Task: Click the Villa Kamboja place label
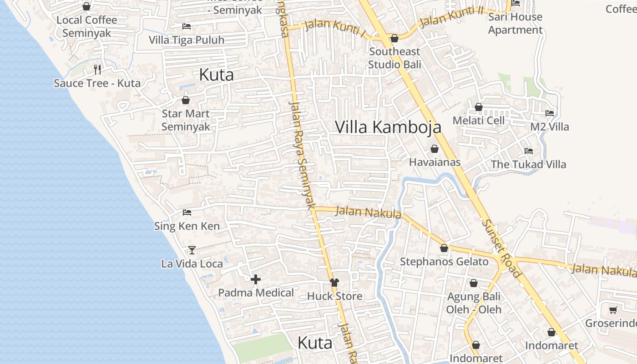click(x=388, y=127)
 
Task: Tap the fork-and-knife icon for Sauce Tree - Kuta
click(x=97, y=69)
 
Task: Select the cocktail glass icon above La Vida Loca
click(x=192, y=250)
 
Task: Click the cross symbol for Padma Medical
click(x=256, y=279)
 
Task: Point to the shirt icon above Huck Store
click(x=334, y=283)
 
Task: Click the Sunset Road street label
click(x=501, y=248)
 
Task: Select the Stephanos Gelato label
click(x=444, y=262)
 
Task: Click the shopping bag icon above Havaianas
click(x=435, y=149)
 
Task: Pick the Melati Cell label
click(x=478, y=121)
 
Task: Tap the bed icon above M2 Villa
click(x=550, y=113)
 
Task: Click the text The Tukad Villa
click(x=528, y=164)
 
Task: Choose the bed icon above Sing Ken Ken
click(x=187, y=212)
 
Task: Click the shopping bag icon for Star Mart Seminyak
click(x=186, y=100)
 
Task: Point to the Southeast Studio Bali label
click(x=394, y=58)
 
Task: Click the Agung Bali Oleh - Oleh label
click(x=473, y=303)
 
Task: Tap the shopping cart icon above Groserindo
click(x=613, y=310)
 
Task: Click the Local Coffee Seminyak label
click(x=86, y=26)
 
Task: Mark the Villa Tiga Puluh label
click(x=187, y=40)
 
